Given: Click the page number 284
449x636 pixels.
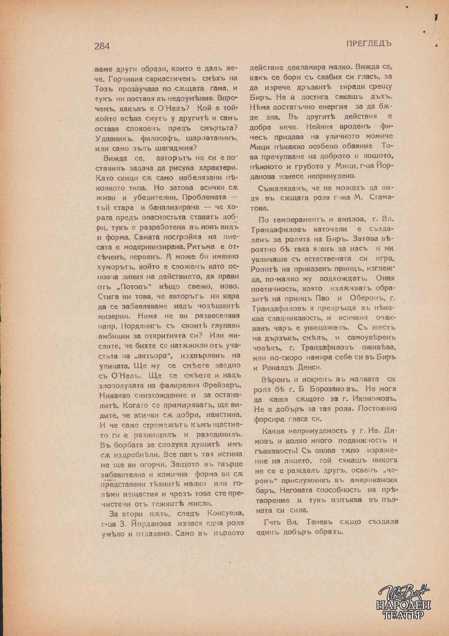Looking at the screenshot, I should [x=102, y=46].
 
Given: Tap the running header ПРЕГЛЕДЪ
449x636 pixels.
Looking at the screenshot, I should [x=369, y=43].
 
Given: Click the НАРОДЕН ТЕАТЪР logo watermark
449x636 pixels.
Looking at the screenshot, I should [x=403, y=604].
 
